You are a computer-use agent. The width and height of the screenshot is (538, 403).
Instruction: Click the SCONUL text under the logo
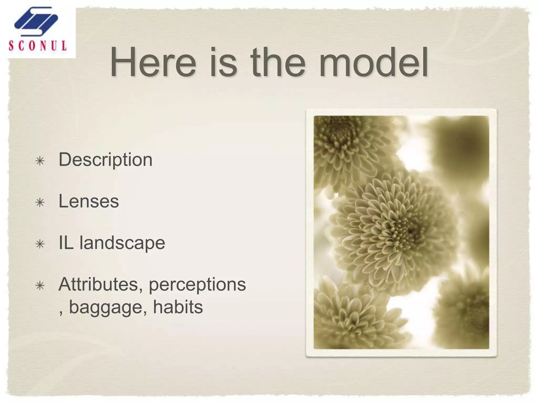(x=38, y=46)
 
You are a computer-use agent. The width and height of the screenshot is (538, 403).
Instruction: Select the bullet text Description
(x=105, y=160)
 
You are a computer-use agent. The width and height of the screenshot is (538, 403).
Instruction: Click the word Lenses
(x=89, y=201)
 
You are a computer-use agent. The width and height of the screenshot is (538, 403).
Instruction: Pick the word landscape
(x=122, y=243)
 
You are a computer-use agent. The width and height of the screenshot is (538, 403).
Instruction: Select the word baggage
(x=109, y=307)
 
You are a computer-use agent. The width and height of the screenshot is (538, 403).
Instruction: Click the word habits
(x=178, y=307)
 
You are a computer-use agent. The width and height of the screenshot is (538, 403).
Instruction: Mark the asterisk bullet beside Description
(x=40, y=161)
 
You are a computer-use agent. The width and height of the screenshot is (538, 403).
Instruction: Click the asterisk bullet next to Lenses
(x=40, y=203)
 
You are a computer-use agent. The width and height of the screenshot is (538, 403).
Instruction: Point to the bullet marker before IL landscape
(x=40, y=244)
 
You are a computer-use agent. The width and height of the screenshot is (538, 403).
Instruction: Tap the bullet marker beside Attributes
(x=40, y=286)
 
